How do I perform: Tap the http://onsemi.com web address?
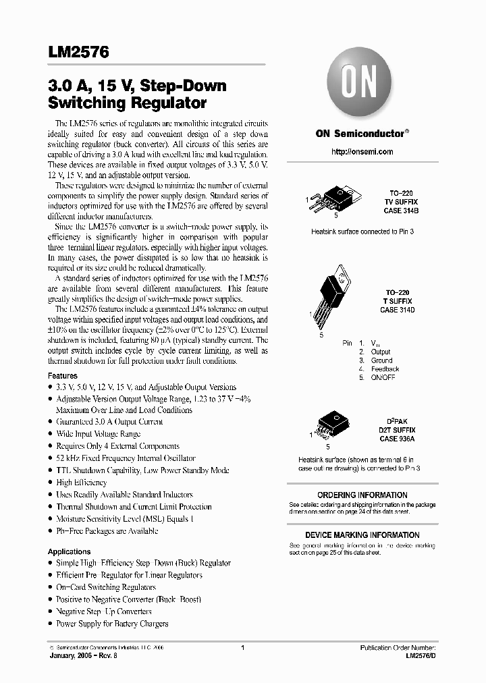362,152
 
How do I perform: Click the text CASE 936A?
397,439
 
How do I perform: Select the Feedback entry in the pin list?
385,369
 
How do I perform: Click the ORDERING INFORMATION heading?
362,495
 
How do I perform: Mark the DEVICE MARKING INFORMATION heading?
362,535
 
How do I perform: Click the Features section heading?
62,375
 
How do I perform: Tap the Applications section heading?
69,551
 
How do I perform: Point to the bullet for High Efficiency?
82,483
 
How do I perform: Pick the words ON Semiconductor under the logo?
360,134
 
